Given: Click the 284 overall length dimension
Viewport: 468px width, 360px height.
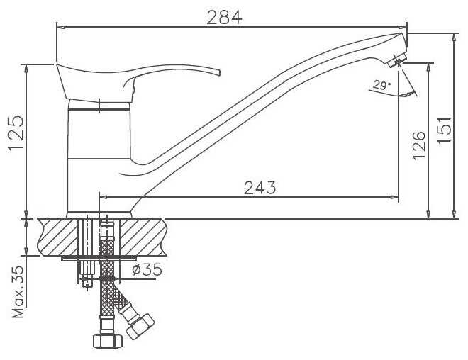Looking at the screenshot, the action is click(224, 18).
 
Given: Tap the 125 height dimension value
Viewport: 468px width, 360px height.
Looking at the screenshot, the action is click(16, 133).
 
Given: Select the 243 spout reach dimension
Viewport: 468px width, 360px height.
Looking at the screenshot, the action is click(260, 188).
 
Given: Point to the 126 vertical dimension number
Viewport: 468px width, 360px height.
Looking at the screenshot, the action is click(419, 145).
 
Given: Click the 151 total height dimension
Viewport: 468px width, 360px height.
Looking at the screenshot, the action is click(444, 130).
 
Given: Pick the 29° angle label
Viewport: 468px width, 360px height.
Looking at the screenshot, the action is click(381, 86).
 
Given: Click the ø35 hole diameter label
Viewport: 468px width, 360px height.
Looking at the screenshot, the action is click(147, 269).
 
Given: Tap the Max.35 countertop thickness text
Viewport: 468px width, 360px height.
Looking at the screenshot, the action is click(17, 291).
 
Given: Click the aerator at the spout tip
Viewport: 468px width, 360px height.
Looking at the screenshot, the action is click(396, 61).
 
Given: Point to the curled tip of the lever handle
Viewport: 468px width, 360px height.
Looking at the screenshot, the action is click(218, 72).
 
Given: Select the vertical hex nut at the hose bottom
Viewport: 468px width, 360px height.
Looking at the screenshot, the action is click(108, 341).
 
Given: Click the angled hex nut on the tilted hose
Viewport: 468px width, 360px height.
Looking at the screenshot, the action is click(140, 326).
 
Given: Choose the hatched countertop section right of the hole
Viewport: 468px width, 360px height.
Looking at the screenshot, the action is click(143, 237).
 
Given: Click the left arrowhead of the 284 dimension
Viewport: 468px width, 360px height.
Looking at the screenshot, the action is click(61, 27).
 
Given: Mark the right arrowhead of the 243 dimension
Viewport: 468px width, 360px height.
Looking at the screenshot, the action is click(394, 197).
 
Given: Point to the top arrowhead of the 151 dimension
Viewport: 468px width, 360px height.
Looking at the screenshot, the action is click(454, 38).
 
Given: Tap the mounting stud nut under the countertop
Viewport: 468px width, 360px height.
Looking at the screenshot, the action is click(87, 274).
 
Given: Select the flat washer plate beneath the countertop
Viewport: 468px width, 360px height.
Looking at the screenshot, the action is click(99, 258).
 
